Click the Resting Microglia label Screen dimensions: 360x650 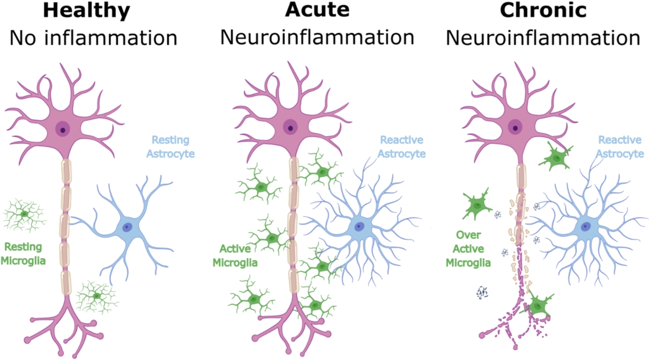[23, 254]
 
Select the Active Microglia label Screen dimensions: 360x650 [238, 256]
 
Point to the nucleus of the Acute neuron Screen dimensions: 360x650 [291, 129]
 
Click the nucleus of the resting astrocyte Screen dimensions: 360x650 [128, 227]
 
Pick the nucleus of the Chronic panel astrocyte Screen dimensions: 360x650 [586, 227]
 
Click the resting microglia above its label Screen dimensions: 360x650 [24, 214]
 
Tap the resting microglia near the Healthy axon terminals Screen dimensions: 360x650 [96, 296]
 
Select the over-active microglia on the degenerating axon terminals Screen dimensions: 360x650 [537, 306]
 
